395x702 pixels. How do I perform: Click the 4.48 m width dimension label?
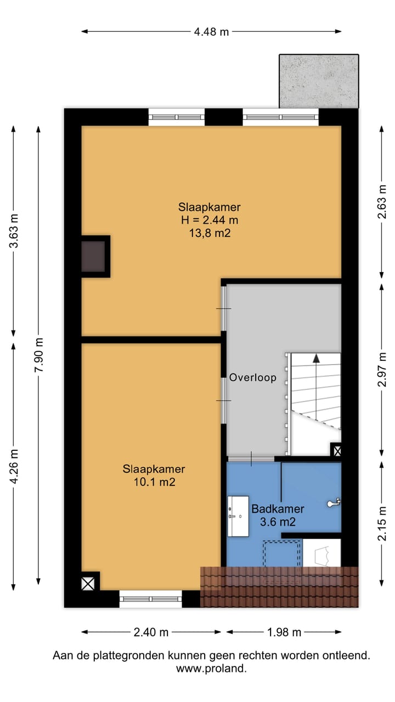pyautogui.click(x=211, y=32)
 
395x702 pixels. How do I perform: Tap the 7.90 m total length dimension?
pyautogui.click(x=39, y=355)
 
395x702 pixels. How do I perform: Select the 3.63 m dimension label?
pyautogui.click(x=14, y=231)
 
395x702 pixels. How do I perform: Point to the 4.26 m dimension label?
pyautogui.click(x=14, y=466)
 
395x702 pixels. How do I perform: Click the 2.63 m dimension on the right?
pyautogui.click(x=382, y=201)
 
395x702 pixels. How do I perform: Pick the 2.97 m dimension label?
pyautogui.click(x=382, y=369)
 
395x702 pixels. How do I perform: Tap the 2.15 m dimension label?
pyautogui.click(x=382, y=523)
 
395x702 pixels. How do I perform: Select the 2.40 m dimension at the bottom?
pyautogui.click(x=151, y=632)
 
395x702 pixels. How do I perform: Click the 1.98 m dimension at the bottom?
pyautogui.click(x=284, y=632)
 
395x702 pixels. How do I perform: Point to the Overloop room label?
pyautogui.click(x=253, y=377)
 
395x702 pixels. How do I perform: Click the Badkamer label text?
pyautogui.click(x=278, y=508)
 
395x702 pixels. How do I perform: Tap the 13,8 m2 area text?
pyautogui.click(x=210, y=233)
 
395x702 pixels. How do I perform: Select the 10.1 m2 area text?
pyautogui.click(x=154, y=482)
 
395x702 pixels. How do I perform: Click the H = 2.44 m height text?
pyautogui.click(x=210, y=220)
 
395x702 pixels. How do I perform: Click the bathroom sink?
pyautogui.click(x=238, y=516)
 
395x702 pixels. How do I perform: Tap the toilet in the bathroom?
pyautogui.click(x=334, y=503)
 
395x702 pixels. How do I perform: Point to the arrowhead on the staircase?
pyautogui.click(x=316, y=358)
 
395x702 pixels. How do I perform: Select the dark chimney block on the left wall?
pyautogui.click(x=93, y=256)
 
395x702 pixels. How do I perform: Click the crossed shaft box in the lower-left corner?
pyautogui.click(x=88, y=584)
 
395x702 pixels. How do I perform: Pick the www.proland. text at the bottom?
pyautogui.click(x=211, y=669)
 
